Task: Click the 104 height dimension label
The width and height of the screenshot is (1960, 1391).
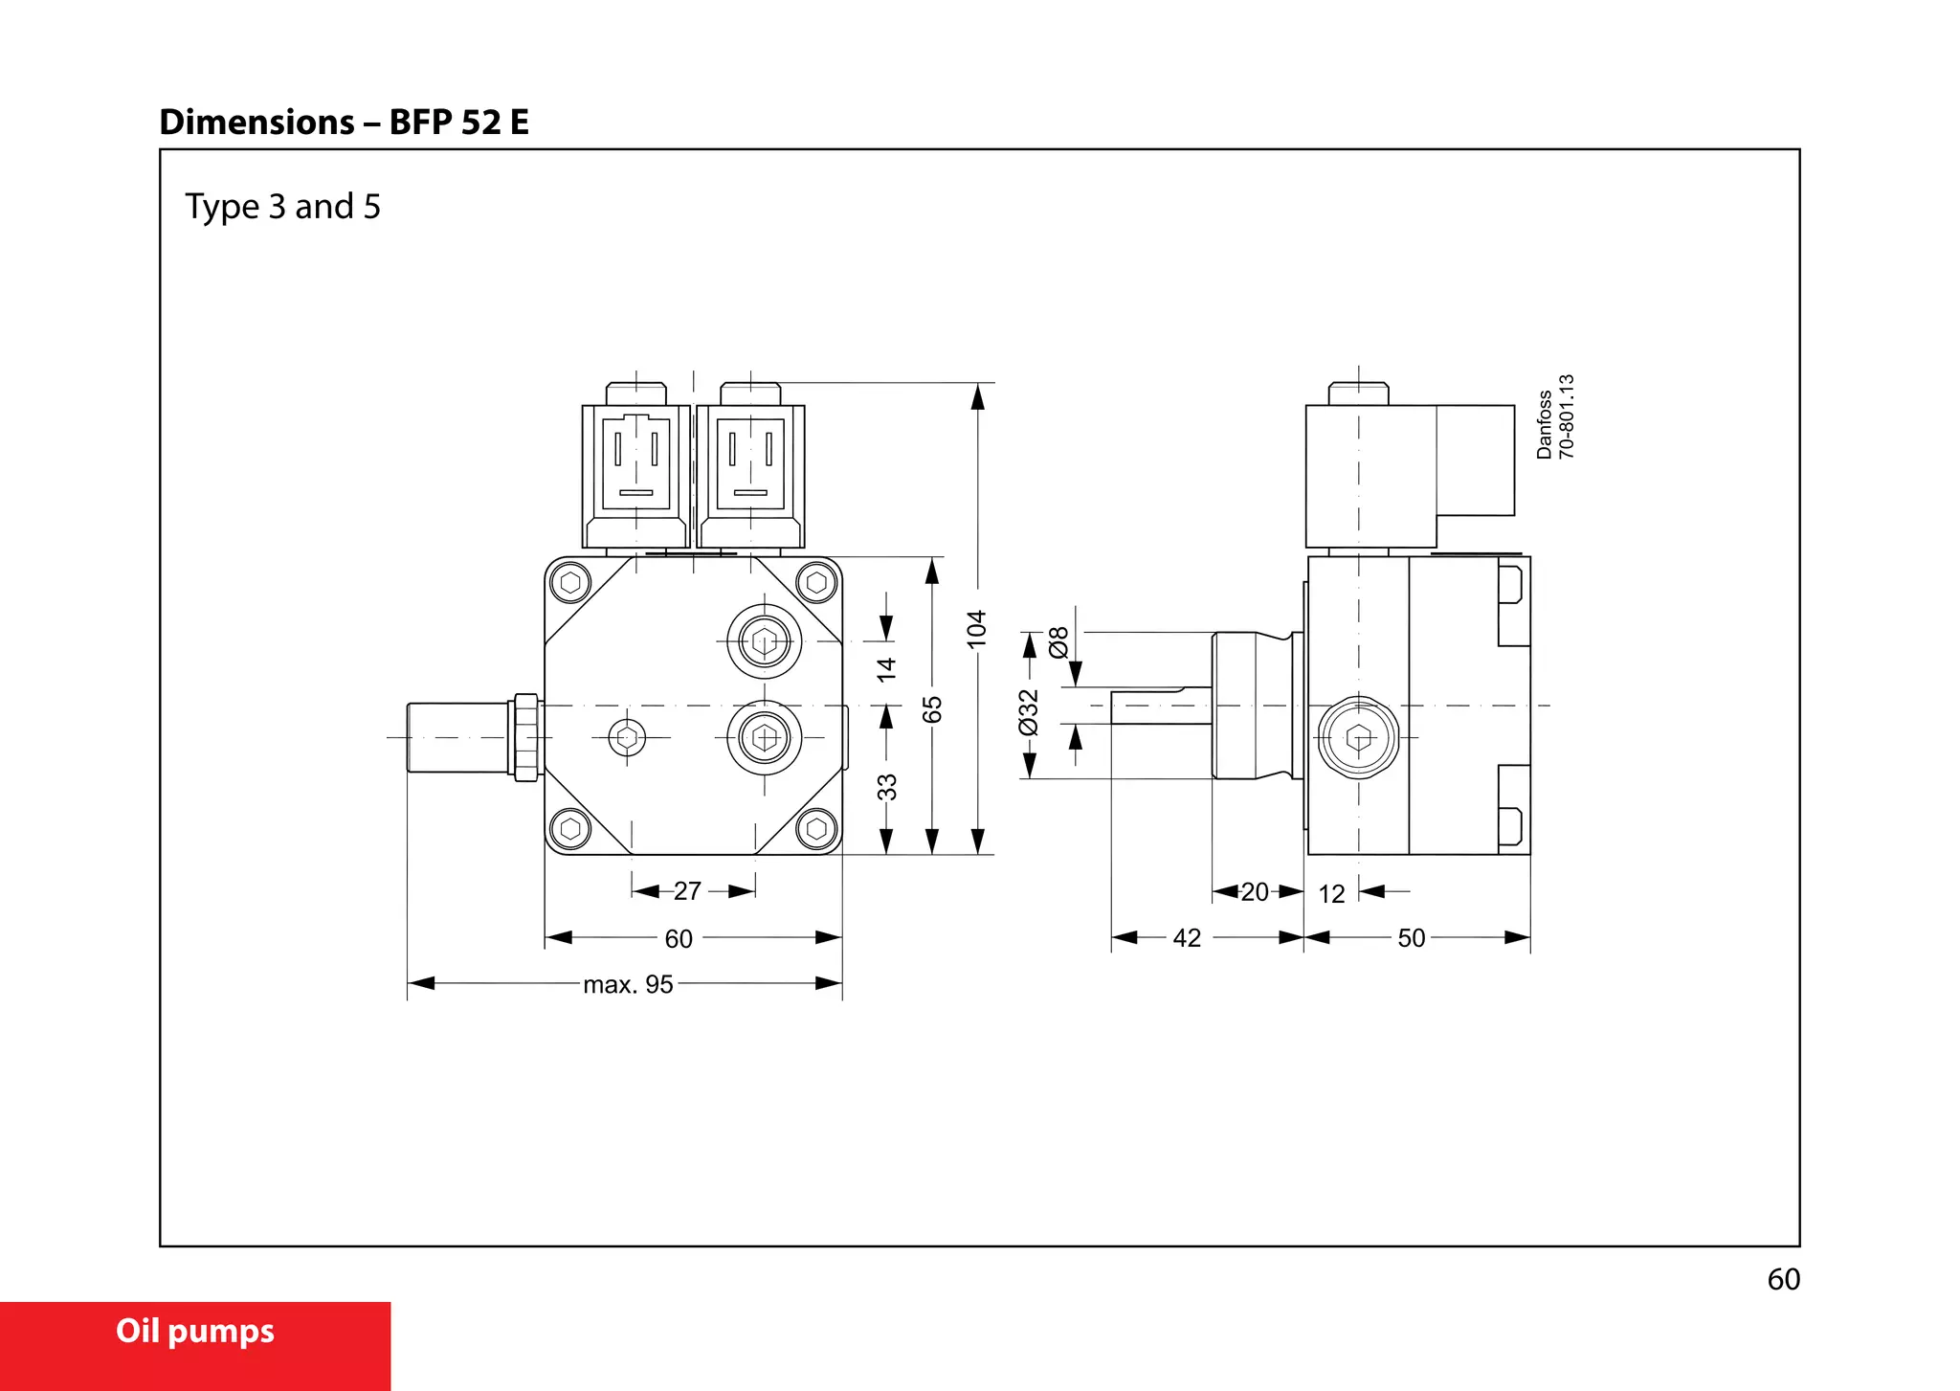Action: (976, 629)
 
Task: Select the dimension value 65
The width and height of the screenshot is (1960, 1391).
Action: (932, 709)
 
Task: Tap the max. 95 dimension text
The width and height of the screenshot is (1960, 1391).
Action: (628, 984)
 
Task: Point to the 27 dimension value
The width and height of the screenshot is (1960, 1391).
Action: (687, 891)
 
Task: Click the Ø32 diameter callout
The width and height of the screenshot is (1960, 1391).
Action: (1029, 712)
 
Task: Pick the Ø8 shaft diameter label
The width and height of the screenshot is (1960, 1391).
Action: (1058, 641)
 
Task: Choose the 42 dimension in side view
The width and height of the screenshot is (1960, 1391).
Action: (1187, 938)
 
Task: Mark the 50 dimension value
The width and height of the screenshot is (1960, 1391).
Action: (1412, 938)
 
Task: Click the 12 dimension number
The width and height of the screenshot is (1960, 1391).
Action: (1331, 894)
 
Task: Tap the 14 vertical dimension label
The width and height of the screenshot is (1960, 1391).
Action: (887, 668)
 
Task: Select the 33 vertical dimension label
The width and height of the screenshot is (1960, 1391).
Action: (887, 787)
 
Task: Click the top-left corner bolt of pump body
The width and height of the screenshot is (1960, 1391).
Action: (571, 582)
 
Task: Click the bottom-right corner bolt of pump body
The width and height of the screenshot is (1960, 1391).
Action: (816, 828)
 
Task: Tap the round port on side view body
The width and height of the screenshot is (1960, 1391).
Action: (1358, 738)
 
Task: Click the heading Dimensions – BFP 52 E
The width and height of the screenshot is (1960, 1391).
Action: (344, 123)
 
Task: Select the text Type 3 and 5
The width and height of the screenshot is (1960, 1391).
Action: (282, 207)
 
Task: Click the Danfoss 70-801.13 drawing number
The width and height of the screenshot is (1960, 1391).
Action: (1554, 417)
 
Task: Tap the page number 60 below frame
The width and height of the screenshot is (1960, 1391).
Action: (1783, 1280)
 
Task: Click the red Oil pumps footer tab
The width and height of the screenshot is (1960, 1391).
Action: (195, 1333)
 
